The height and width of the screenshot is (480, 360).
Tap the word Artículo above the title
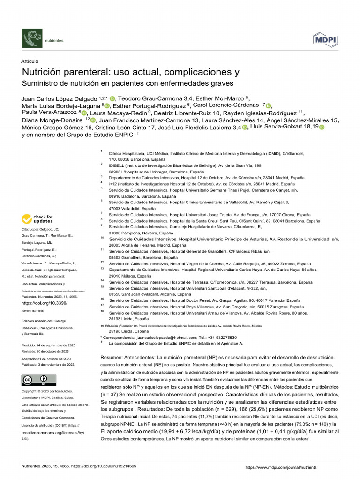pyautogui.click(x=30, y=61)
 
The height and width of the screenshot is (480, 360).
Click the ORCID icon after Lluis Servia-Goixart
pyautogui.click(x=322, y=127)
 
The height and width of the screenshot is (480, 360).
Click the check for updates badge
pyautogui.click(x=37, y=219)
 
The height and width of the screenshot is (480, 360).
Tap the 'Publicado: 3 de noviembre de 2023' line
pyautogui.click(x=45, y=364)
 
